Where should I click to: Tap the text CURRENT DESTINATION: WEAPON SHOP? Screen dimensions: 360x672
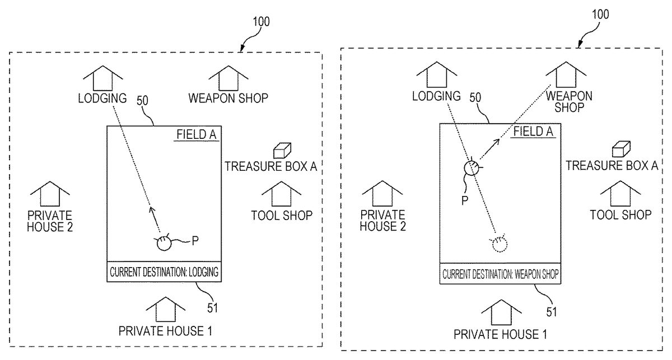501,275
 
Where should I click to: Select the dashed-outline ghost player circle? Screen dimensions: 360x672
498,244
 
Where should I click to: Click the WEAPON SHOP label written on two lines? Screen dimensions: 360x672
569,101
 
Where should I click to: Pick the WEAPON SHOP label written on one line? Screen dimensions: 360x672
228,98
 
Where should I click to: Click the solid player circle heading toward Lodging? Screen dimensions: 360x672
164,243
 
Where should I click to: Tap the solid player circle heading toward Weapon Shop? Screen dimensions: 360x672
472,167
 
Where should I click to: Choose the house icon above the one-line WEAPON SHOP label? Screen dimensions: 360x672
228,78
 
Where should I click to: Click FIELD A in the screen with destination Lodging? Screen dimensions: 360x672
196,134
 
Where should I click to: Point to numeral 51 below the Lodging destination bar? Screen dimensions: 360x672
212,307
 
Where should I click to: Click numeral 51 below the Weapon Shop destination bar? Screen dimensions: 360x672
552,311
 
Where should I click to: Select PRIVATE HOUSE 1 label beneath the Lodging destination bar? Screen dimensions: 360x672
165,330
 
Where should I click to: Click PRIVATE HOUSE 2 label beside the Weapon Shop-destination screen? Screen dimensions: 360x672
383,220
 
